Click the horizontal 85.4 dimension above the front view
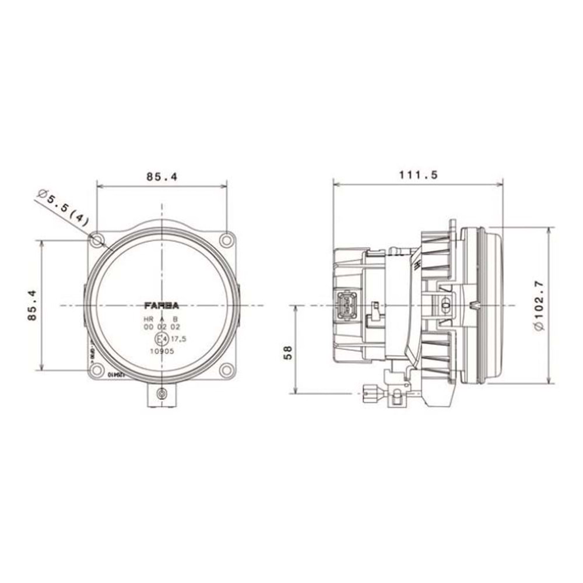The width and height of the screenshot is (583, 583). point(161,175)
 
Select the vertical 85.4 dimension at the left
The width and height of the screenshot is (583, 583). point(33,305)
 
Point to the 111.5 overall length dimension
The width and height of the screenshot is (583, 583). point(417,174)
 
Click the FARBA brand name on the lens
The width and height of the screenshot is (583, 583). point(161,305)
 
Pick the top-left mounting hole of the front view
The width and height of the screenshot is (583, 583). point(97,240)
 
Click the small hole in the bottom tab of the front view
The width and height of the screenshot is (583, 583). point(161,395)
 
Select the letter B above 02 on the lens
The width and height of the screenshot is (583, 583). point(175,319)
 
